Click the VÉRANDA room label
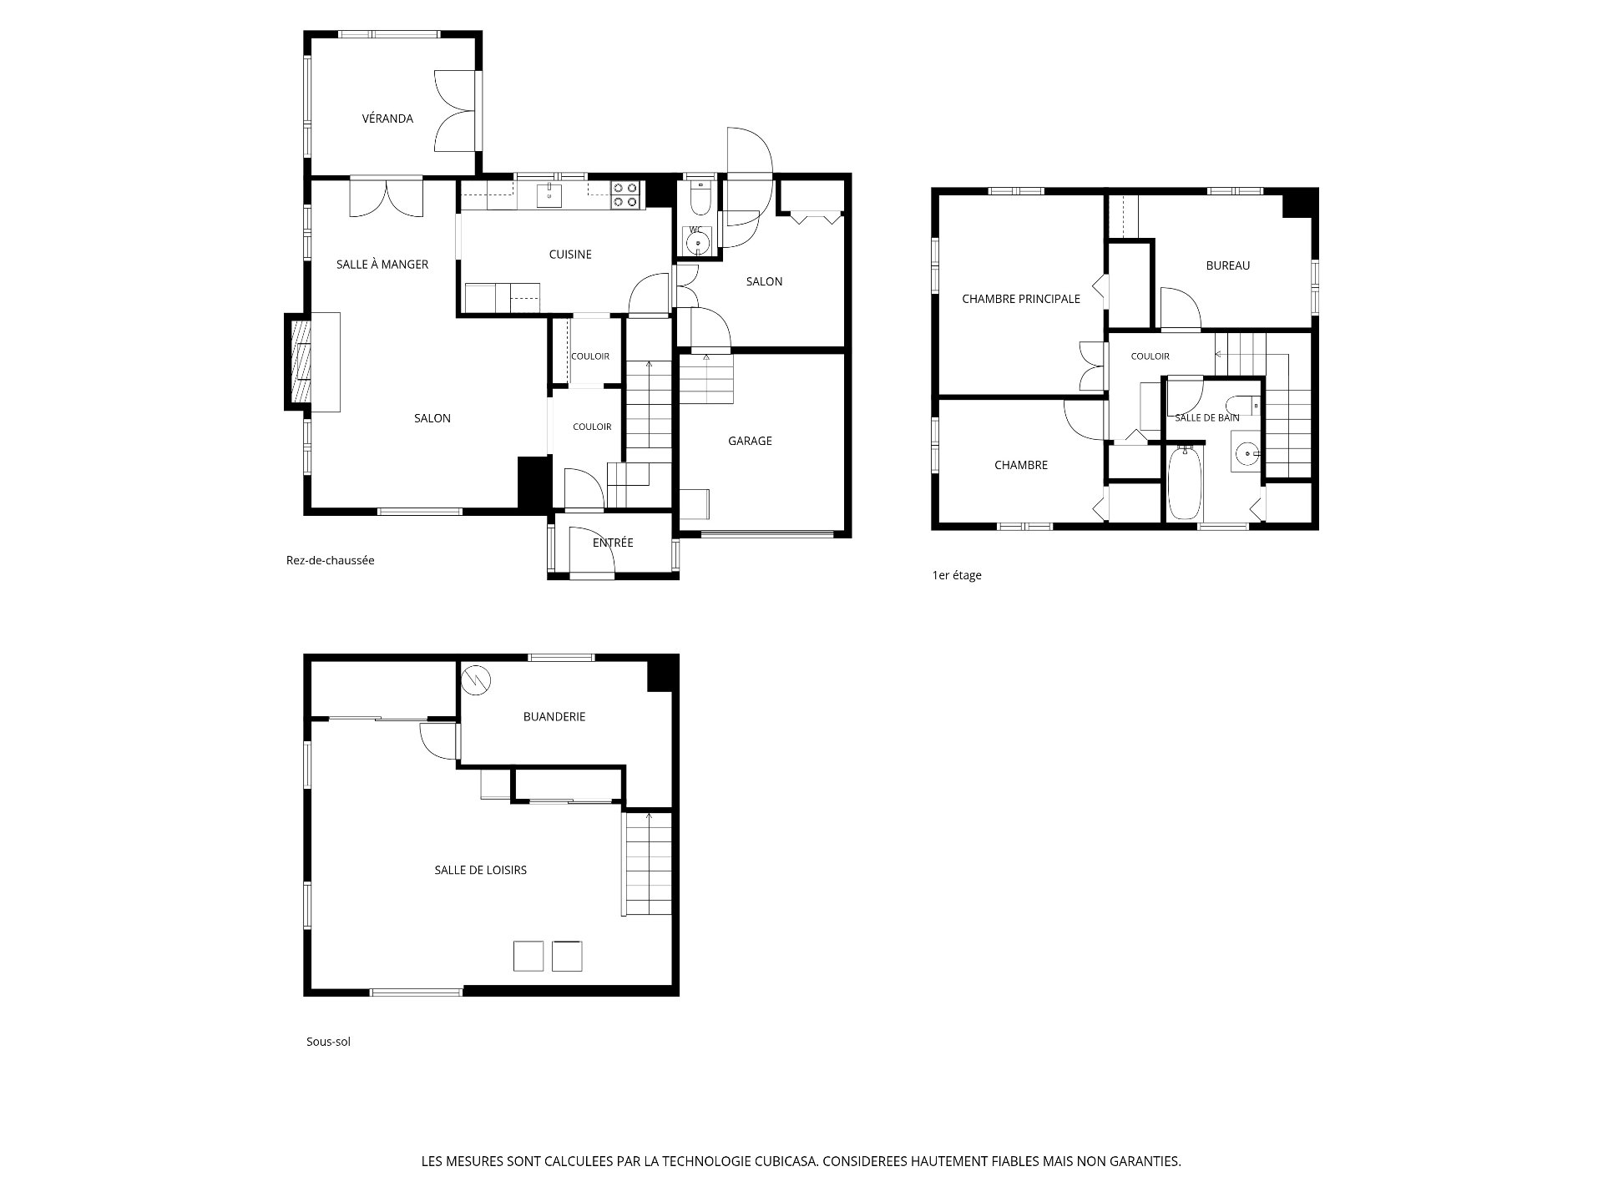click(387, 119)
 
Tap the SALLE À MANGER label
click(382, 265)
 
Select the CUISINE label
click(570, 255)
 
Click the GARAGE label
click(750, 441)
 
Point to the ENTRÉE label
click(613, 543)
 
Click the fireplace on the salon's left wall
click(300, 361)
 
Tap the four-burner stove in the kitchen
click(626, 194)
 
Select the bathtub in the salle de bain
click(1185, 483)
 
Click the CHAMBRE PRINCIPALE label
click(1021, 299)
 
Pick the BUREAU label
click(1228, 265)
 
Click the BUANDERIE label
click(554, 716)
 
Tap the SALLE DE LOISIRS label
click(481, 870)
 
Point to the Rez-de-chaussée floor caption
click(331, 560)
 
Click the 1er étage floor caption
click(957, 575)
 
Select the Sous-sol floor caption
click(328, 1042)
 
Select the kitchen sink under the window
click(549, 194)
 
